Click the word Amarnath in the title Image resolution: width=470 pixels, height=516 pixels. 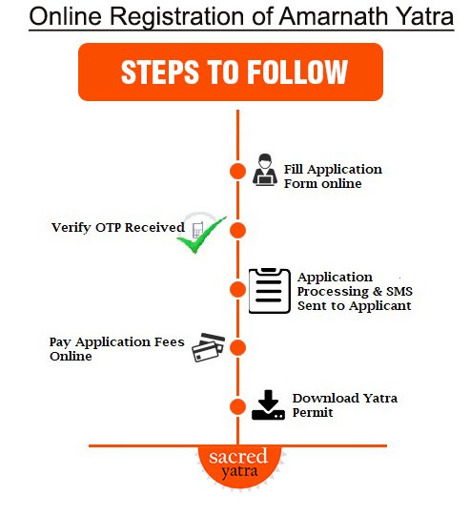tap(334, 16)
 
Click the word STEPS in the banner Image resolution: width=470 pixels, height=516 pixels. tap(160, 72)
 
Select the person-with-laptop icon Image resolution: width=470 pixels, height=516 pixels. tap(265, 170)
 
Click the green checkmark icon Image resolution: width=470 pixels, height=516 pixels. tap(201, 235)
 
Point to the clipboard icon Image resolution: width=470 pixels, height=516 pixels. tap(270, 291)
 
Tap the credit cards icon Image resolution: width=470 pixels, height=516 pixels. tap(209, 347)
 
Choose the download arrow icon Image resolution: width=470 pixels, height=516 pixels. tap(268, 405)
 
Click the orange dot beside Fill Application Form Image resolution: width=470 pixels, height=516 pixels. tap(237, 171)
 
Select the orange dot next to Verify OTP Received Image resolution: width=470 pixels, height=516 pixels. tap(237, 231)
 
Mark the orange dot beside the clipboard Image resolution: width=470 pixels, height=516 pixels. tap(237, 290)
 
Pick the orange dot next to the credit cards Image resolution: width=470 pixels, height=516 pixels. tap(237, 347)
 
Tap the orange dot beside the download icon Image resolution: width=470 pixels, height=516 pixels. tap(237, 406)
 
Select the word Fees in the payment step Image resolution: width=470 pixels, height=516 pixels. tap(169, 341)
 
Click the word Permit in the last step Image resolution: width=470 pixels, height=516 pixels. tap(313, 412)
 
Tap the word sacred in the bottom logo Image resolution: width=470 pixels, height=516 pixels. tap(238, 457)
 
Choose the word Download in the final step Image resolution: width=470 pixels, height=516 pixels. tap(326, 398)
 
